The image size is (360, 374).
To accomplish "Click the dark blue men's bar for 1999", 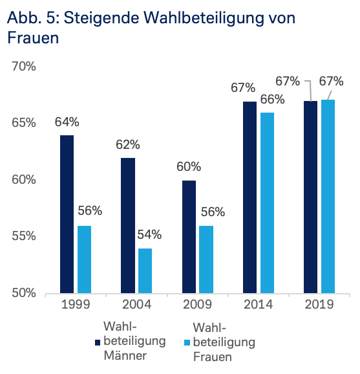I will (67, 214).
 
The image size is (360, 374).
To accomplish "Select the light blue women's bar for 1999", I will (84, 259).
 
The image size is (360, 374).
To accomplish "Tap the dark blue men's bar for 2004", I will (127, 225).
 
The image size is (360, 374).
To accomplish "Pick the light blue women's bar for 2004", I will (145, 270).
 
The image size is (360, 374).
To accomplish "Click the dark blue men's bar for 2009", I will (188, 237).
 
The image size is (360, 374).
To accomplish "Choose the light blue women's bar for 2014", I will (266, 203).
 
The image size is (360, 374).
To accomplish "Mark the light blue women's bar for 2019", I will (328, 196).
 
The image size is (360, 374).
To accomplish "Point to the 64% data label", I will (67, 122).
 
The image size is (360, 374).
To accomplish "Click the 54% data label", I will (149, 235).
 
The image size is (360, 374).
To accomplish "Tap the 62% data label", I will (127, 144).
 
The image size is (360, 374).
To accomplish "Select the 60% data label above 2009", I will (188, 167).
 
